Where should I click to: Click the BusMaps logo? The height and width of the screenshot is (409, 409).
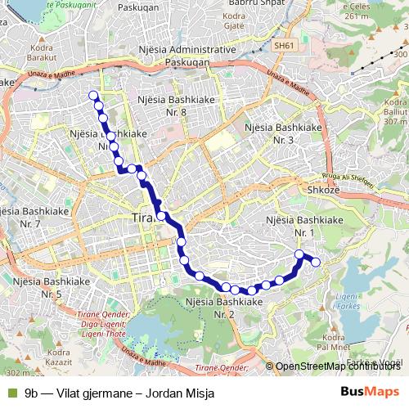(x=369, y=392)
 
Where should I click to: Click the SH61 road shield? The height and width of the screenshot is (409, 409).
(x=284, y=46)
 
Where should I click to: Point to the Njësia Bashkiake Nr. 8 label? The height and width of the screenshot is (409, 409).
(x=173, y=104)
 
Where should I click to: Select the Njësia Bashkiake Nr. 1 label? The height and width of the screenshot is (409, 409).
(x=305, y=227)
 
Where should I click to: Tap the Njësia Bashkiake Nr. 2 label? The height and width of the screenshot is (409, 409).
(x=224, y=308)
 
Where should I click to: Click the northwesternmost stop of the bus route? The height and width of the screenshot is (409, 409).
(x=92, y=95)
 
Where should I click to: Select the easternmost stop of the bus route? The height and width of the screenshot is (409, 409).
(x=317, y=262)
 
